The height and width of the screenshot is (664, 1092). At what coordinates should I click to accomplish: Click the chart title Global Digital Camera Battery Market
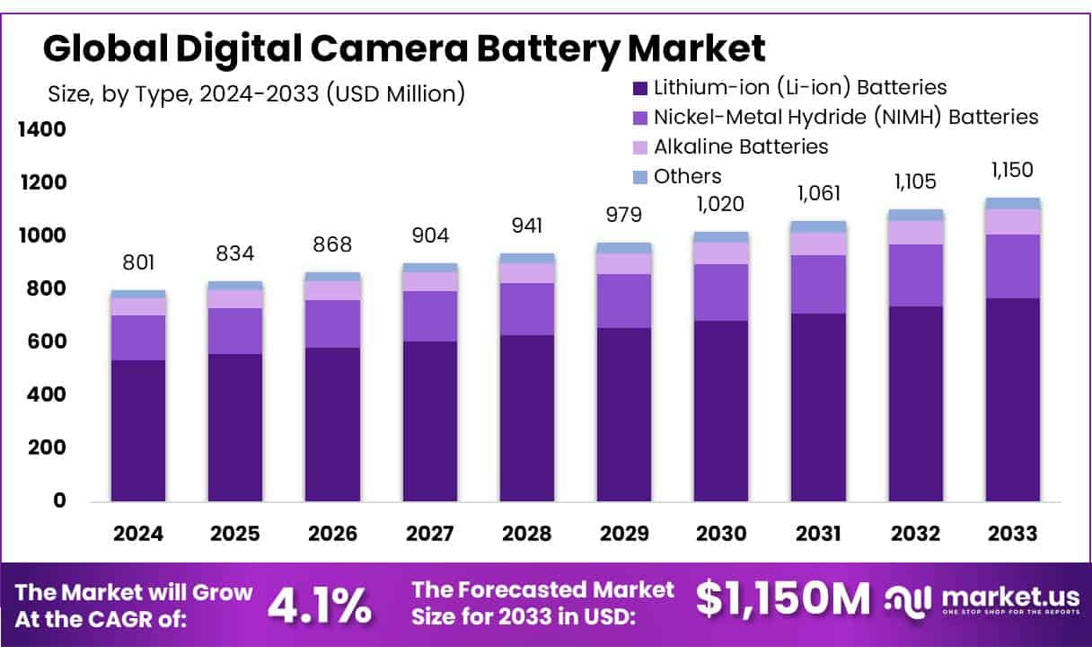tap(404, 47)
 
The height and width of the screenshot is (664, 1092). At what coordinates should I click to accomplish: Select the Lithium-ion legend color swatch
tap(640, 88)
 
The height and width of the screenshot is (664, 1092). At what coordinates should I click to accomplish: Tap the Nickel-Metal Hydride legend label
tap(845, 117)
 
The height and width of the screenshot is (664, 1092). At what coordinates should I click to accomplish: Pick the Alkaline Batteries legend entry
tap(740, 146)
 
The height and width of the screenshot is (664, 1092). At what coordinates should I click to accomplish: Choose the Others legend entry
tap(687, 176)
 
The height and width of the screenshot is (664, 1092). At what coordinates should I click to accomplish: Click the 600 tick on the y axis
tap(48, 341)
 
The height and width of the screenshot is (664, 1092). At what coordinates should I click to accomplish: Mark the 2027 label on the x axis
tap(429, 534)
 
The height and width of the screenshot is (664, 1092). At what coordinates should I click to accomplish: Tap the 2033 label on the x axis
tap(1012, 534)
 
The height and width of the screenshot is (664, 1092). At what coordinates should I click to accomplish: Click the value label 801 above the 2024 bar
tap(138, 262)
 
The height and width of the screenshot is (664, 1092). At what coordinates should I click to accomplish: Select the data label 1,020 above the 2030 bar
tap(720, 204)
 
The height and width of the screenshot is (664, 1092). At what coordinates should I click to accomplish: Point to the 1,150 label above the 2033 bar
tap(1012, 170)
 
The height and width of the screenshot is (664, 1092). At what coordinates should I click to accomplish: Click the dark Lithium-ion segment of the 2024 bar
tap(138, 431)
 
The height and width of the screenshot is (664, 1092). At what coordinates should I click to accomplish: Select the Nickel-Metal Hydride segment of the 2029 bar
tap(624, 301)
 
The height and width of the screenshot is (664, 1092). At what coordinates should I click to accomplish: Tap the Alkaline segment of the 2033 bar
tap(1012, 222)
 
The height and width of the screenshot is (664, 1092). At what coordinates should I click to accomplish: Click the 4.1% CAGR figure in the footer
tap(320, 606)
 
